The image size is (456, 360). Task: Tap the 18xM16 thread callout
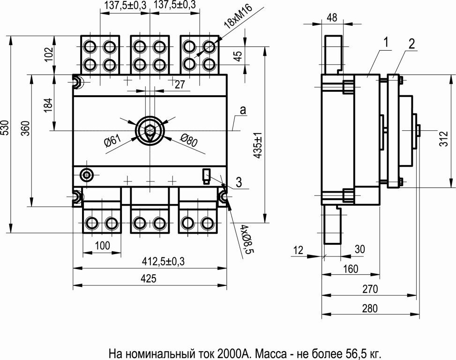tap(239, 16)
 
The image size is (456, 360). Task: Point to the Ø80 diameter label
tap(189, 140)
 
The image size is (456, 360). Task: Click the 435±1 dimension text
tap(258, 145)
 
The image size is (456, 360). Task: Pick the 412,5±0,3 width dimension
tap(163, 262)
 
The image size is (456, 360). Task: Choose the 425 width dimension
tap(149, 278)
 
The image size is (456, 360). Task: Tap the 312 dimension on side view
tap(444, 139)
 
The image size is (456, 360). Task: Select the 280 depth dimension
tap(370, 308)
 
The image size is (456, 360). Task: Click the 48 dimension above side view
tap(332, 17)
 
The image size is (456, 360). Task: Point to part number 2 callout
tap(411, 44)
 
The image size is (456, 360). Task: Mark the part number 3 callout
tap(239, 183)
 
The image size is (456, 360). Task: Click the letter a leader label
tap(243, 110)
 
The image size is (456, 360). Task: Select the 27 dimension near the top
tap(179, 85)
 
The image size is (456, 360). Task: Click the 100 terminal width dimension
tap(102, 246)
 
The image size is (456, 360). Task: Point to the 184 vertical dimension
tap(48, 105)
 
